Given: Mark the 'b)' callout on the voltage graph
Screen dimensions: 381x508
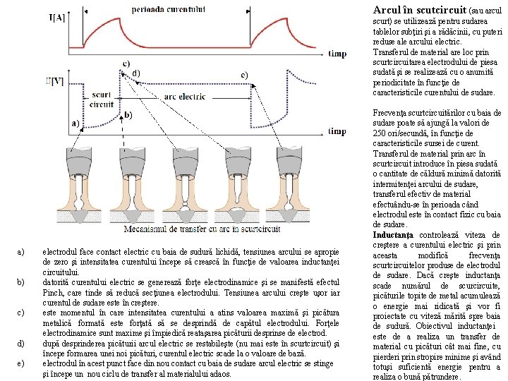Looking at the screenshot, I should click(127, 114).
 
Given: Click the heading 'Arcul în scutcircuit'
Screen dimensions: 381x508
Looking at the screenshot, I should click(420, 11).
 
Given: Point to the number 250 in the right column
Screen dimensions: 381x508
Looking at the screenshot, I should click(381, 133).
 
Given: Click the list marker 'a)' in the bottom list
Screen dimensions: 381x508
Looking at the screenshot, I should click(21, 251).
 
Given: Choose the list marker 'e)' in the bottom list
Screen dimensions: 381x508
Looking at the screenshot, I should click(21, 363).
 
